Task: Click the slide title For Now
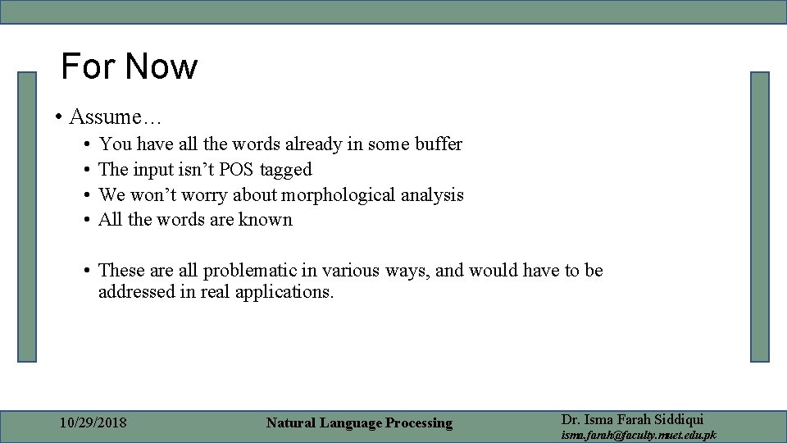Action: point(130,66)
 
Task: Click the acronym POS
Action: point(236,170)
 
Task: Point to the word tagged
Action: point(286,171)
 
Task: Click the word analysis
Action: point(434,195)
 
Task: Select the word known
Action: point(265,220)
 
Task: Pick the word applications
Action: point(284,292)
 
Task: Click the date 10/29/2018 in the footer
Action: point(93,423)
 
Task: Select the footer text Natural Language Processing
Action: point(359,423)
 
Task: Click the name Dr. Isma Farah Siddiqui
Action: point(632,419)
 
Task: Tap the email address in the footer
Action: point(638,435)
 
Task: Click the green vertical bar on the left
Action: point(28,217)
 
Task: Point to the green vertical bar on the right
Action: point(760,217)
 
